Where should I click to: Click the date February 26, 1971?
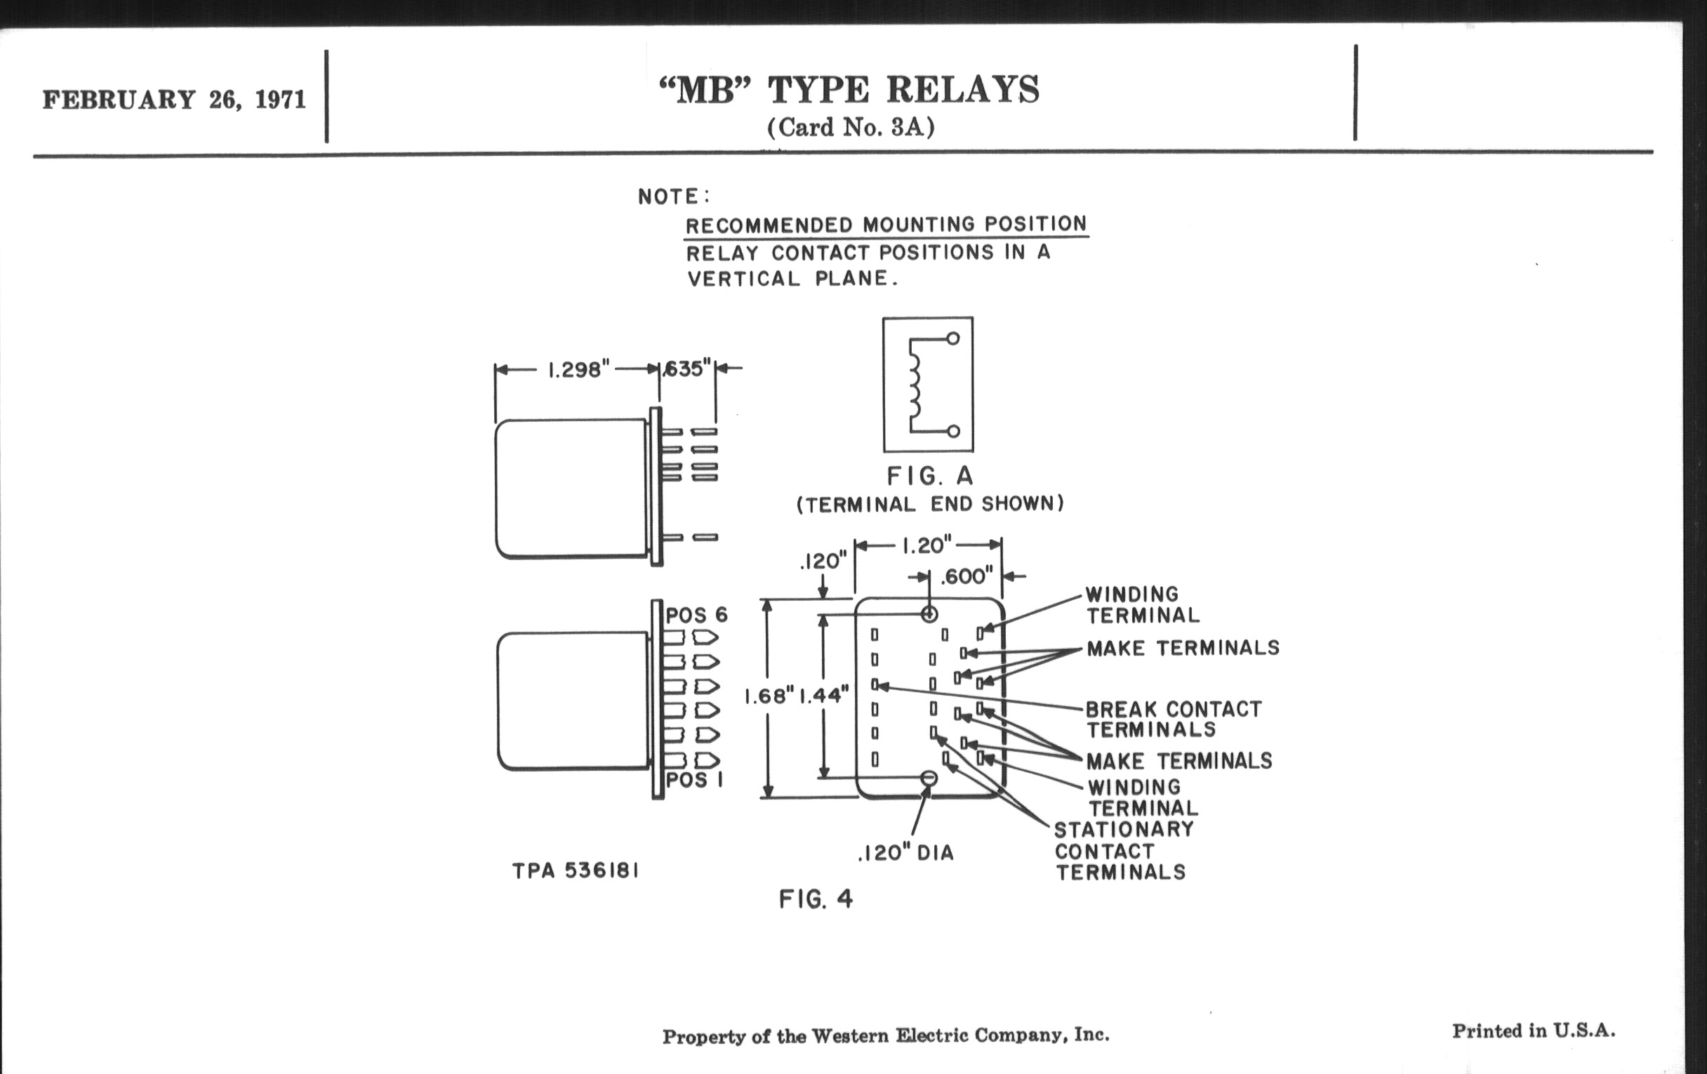point(174,100)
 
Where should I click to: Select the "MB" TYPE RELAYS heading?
point(849,91)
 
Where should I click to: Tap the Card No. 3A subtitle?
point(851,128)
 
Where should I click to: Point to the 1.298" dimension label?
point(578,369)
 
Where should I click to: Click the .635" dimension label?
point(686,369)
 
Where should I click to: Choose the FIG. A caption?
point(930,476)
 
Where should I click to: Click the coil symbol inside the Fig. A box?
point(915,385)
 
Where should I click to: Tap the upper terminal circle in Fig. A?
point(952,339)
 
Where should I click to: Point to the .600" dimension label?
point(967,576)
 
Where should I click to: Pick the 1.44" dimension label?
point(824,696)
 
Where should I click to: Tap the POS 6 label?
point(696,615)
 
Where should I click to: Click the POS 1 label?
point(695,780)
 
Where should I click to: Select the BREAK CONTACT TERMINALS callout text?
point(1173,719)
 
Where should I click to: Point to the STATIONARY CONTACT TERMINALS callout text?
point(1123,851)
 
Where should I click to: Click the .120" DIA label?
point(905,853)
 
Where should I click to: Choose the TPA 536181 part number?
point(576,870)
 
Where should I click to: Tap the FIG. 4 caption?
point(816,899)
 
